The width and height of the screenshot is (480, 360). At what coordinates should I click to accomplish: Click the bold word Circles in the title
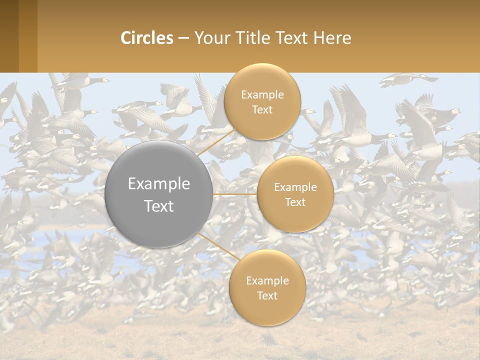coord(146,38)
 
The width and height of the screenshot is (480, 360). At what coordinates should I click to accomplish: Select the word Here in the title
coord(332,38)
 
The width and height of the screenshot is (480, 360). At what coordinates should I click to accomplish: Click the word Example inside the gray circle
coord(159,184)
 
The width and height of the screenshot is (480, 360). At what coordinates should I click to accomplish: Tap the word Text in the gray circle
coord(159,206)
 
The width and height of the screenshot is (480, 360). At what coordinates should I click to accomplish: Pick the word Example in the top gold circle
coord(262,94)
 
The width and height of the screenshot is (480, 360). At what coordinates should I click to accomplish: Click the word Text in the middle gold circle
coord(295,202)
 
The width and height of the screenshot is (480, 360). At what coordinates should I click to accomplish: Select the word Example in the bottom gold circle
coord(267,280)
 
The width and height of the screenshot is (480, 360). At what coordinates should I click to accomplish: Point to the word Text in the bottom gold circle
coord(267,295)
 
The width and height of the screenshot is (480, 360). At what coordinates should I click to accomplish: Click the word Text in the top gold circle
coord(262,109)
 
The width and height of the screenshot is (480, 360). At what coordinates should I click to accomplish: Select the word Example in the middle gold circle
coord(295,187)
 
